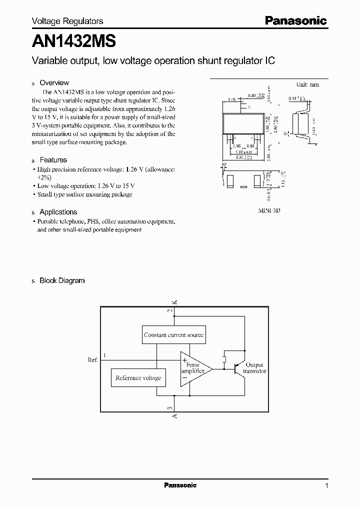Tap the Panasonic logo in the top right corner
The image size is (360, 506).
(296, 21)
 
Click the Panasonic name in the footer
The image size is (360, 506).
(180, 485)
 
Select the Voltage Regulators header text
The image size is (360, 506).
(67, 21)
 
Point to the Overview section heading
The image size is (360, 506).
(54, 83)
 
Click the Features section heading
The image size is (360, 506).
(53, 160)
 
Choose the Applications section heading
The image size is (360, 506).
(58, 212)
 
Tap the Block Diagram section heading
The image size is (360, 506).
(62, 281)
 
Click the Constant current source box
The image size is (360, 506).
(174, 335)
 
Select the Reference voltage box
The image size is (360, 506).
(138, 378)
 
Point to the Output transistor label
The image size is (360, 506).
(254, 368)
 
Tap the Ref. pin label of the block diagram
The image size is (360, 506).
(92, 359)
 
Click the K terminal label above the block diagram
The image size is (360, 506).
(174, 301)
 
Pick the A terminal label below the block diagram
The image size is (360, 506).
(174, 416)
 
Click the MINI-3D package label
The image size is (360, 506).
(269, 211)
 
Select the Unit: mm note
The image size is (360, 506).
(307, 84)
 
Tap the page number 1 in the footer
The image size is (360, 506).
(326, 485)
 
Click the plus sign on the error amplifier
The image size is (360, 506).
(185, 359)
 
